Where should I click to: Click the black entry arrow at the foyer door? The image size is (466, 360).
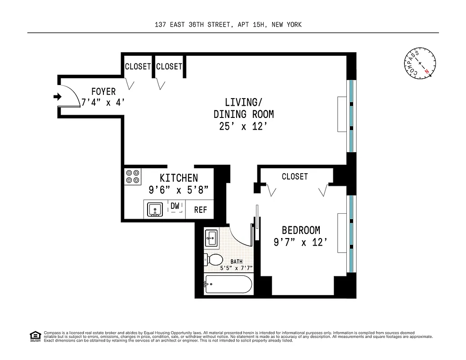[x=57, y=96]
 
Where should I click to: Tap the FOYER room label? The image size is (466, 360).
[x=103, y=91]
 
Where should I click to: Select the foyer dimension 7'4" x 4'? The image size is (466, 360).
[x=103, y=103]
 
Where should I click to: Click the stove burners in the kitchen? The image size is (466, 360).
[x=133, y=176]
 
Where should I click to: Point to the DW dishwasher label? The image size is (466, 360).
[x=175, y=206]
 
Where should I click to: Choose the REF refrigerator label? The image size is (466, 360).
[x=201, y=210]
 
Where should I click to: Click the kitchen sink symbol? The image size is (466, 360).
[x=155, y=209]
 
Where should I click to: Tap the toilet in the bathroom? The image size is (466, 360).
[x=213, y=260]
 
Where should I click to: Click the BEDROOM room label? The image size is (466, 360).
[x=301, y=230]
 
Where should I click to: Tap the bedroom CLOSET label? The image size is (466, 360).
[x=295, y=177]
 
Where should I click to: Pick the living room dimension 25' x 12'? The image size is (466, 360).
[x=243, y=127]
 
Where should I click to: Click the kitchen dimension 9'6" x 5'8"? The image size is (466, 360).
[x=179, y=190]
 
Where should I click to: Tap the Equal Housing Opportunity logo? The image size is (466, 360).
[x=35, y=336]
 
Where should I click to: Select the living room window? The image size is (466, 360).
[x=351, y=117]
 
